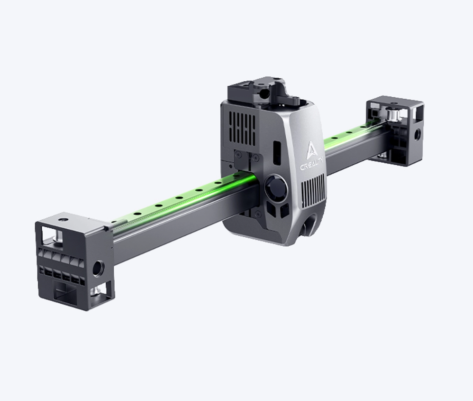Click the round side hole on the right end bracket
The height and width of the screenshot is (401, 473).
point(418,133)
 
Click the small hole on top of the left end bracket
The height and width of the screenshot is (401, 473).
point(63,219)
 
